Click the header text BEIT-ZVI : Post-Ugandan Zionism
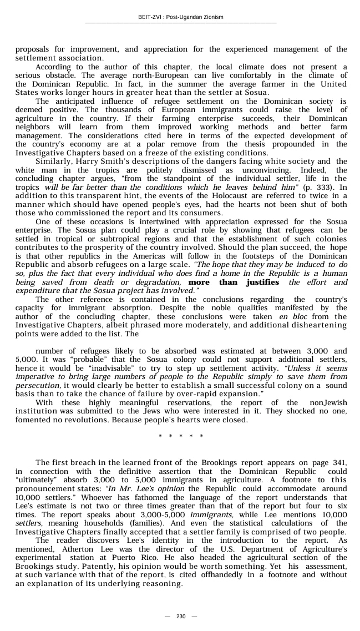(180, 17)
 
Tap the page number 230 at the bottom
(180, 617)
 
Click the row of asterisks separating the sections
(181, 436)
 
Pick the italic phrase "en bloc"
(291, 317)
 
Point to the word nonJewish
(327, 402)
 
